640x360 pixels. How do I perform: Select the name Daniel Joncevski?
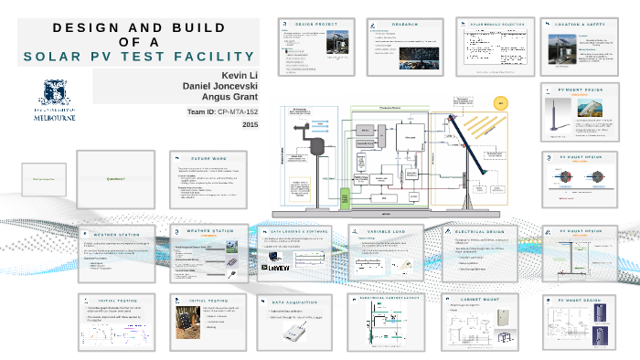220,85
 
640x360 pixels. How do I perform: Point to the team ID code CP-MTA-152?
238,111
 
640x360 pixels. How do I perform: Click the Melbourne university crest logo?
52,94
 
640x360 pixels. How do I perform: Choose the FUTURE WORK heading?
209,158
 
